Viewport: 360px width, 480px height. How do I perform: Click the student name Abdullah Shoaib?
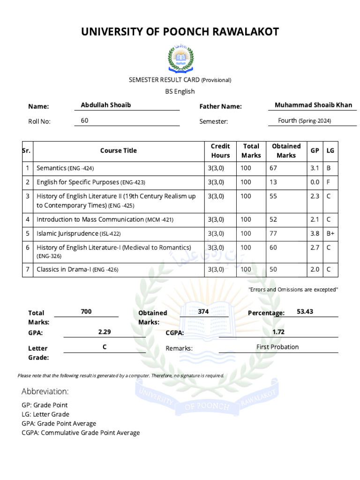click(x=105, y=105)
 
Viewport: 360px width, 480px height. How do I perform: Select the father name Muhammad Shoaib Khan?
click(x=313, y=105)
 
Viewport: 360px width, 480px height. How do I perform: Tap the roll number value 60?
click(x=84, y=120)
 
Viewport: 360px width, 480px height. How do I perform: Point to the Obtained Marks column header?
click(x=286, y=150)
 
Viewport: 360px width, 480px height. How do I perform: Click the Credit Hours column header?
click(x=220, y=150)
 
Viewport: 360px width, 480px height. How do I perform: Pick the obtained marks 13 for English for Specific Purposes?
click(x=273, y=182)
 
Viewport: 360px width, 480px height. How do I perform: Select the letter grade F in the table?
click(x=329, y=182)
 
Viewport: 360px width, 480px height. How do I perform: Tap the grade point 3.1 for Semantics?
click(x=315, y=168)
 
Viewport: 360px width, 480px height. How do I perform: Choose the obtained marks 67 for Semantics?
click(x=273, y=168)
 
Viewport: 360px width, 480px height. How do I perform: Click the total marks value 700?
click(x=86, y=311)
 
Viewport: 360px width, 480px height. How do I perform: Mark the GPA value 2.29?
click(x=105, y=332)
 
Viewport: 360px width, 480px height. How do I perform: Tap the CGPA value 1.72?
click(x=278, y=332)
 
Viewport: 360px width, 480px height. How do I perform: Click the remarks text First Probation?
click(x=277, y=347)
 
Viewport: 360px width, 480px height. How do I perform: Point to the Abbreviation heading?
click(x=45, y=391)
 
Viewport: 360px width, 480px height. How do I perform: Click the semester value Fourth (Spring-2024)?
click(x=304, y=120)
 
